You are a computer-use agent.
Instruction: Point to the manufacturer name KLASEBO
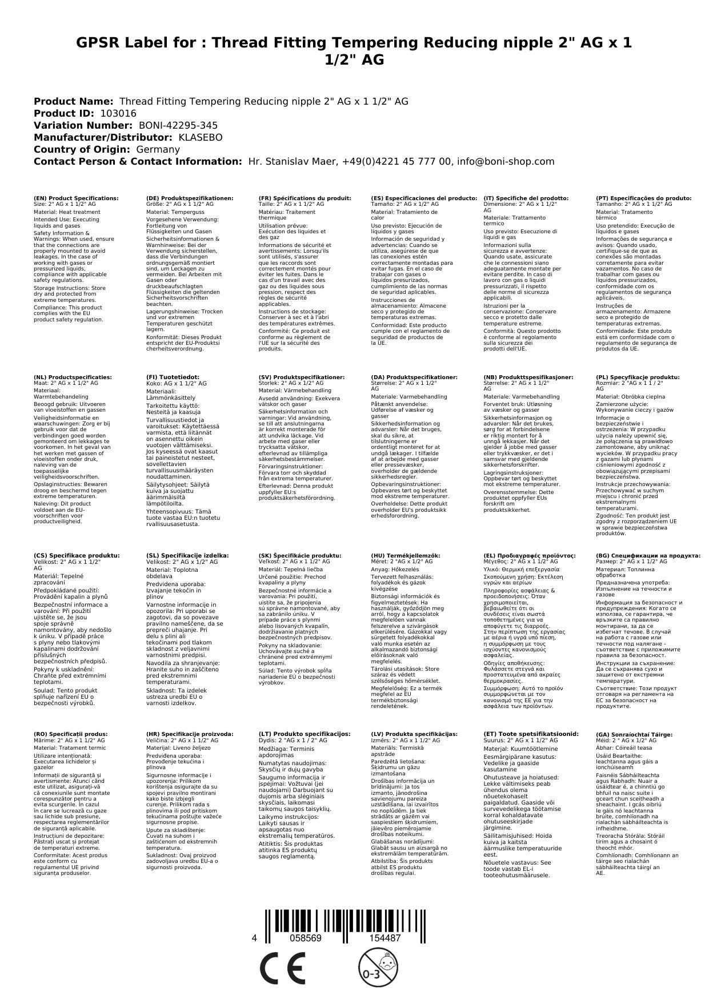click(x=201, y=137)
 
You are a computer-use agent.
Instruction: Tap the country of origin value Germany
click(x=158, y=149)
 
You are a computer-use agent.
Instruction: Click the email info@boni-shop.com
click(x=506, y=161)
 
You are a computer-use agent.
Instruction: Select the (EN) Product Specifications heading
click(x=76, y=198)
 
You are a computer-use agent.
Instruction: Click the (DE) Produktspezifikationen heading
click(x=190, y=198)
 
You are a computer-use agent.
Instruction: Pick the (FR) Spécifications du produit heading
click(x=305, y=198)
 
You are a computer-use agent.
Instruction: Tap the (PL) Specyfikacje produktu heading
click(x=638, y=377)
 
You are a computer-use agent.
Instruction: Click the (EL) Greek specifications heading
click(x=530, y=555)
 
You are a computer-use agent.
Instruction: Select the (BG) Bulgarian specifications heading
click(x=648, y=555)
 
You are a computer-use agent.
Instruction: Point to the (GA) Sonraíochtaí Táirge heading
click(x=626, y=734)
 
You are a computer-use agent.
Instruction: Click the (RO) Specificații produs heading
click(x=70, y=734)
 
